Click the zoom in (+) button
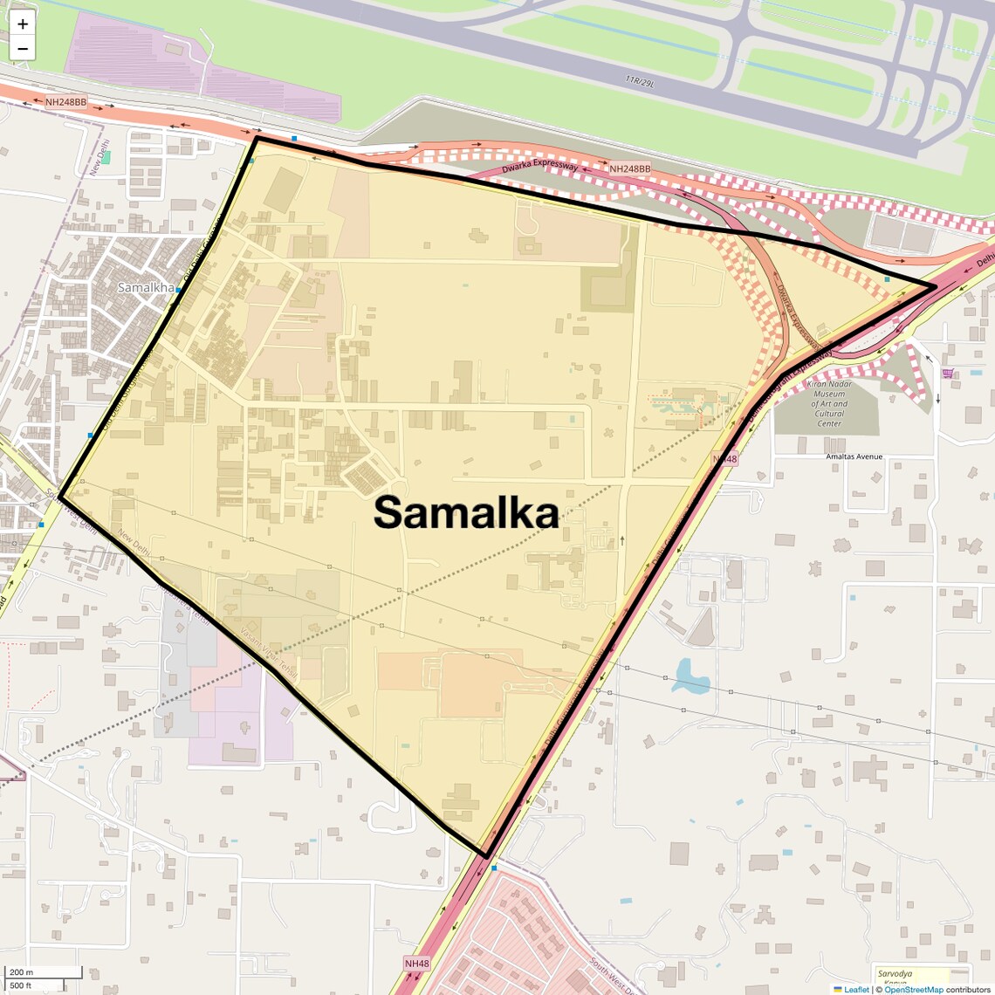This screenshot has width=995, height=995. pos(23,24)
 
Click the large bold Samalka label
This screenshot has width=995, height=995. pos(466,513)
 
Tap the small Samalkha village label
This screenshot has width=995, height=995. pos(146,287)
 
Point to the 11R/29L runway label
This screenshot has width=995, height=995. pos(639,81)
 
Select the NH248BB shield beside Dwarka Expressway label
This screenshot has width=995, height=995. pos(629,168)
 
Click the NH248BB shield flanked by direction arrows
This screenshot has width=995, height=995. pos(66,102)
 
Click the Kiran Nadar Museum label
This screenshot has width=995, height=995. pos(828,403)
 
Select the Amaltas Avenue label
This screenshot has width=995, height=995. pos(854,456)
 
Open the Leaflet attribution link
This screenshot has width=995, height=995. pos(856,989)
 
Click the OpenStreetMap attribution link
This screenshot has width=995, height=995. pos(914,989)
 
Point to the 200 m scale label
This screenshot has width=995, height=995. pos(22,971)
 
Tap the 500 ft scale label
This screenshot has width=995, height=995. pos(22,985)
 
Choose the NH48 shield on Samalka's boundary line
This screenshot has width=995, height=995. pos(724,458)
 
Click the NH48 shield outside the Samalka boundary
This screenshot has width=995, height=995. pos(417,963)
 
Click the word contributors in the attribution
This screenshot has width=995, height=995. pos(969,989)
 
